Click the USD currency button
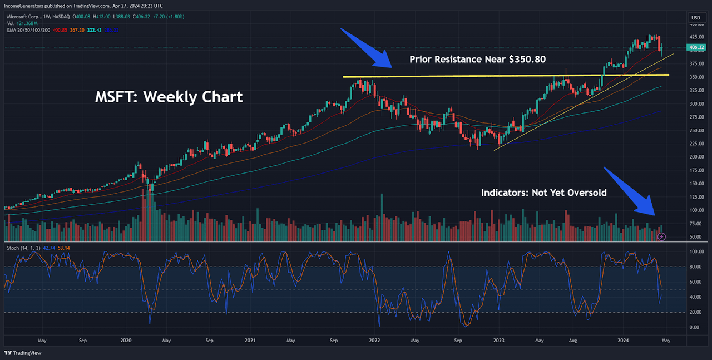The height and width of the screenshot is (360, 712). (695, 17)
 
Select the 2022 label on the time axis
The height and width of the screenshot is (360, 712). (374, 339)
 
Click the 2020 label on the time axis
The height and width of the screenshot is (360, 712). (126, 339)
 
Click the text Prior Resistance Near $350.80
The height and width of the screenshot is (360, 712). (481, 59)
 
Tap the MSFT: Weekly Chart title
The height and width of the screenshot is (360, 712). (168, 97)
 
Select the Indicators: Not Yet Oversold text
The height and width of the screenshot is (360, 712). (543, 193)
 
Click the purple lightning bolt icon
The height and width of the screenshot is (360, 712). (661, 236)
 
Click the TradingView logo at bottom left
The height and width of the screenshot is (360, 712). (18, 353)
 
